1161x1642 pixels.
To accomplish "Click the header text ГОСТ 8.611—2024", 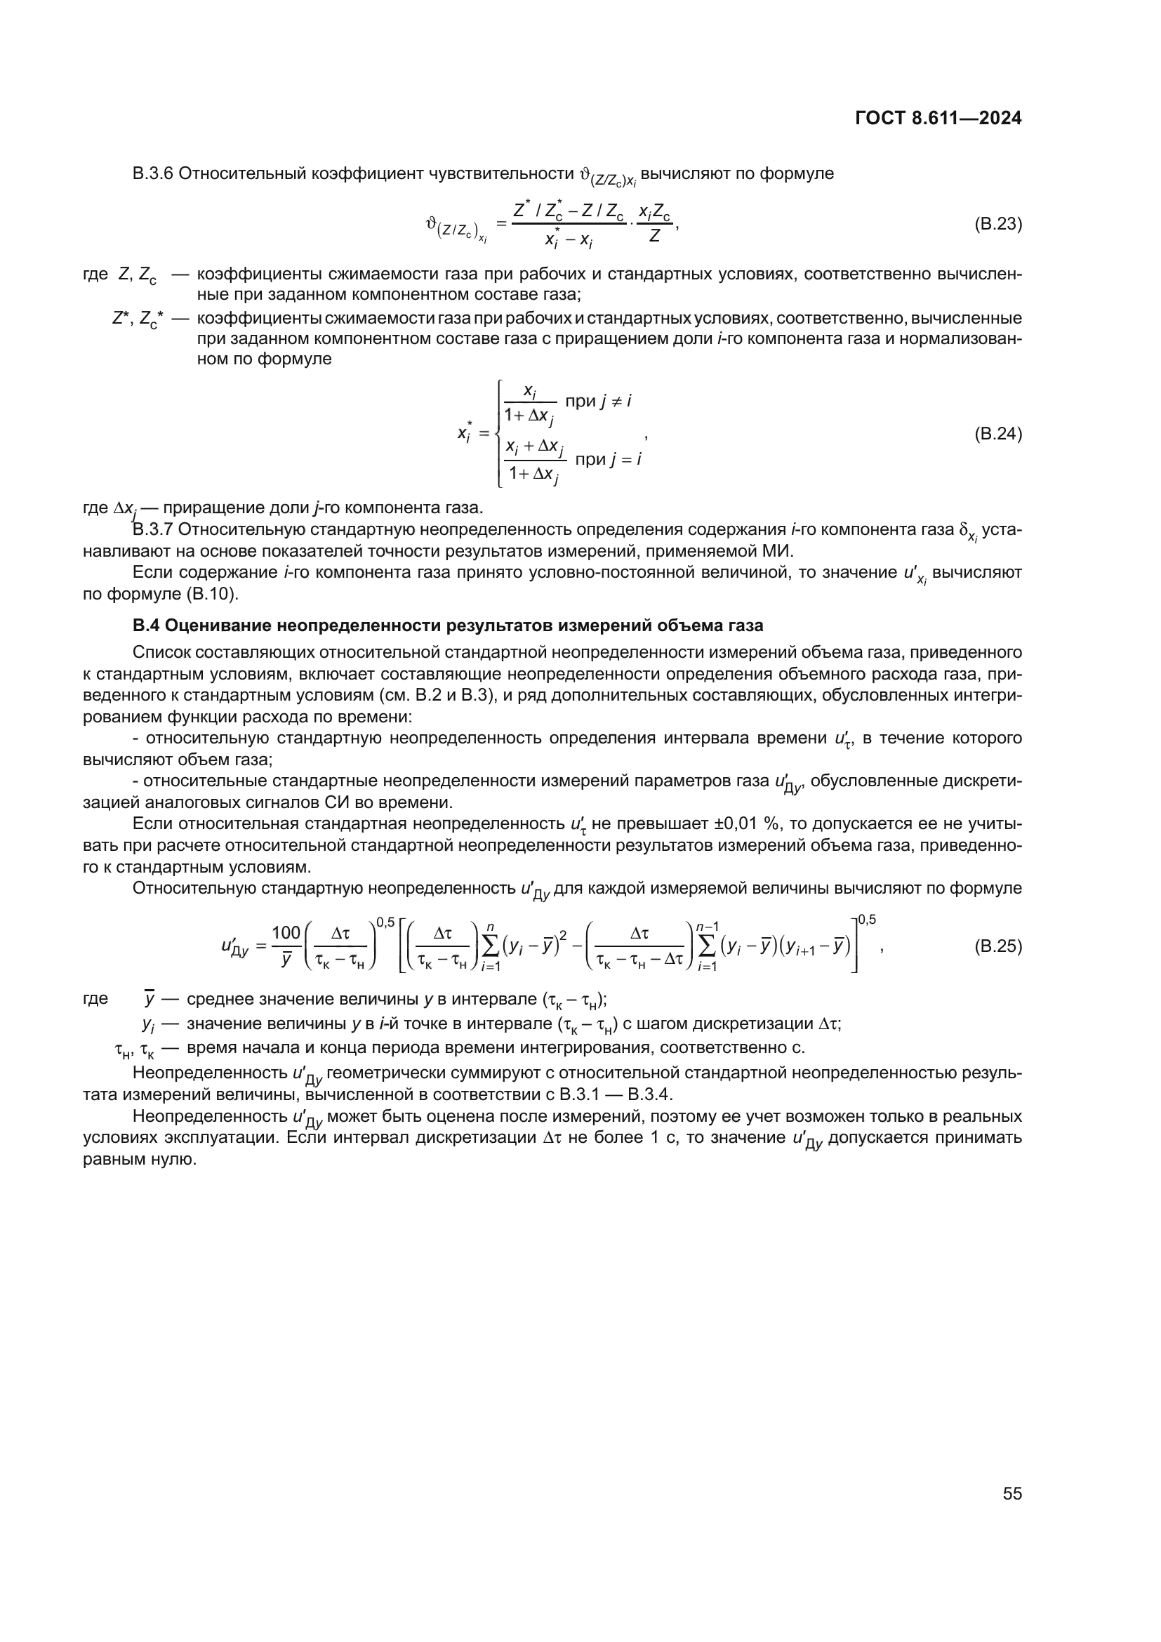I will point(938,119).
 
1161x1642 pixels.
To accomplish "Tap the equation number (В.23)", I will point(998,224).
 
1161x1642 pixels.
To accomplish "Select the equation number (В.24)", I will point(998,433).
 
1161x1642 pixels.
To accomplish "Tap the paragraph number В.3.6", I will point(153,174).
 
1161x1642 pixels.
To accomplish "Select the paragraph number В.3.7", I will point(153,529).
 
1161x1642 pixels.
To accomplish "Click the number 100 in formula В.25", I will point(286,932).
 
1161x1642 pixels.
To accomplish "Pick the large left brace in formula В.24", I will point(498,433).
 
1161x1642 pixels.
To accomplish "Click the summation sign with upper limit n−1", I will point(706,947).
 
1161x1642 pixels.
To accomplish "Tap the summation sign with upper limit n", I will point(491,947).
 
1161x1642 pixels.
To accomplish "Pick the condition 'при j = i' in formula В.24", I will point(608,459).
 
